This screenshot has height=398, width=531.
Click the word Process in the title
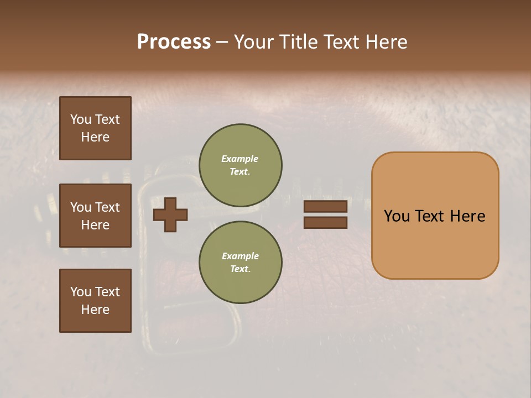174,42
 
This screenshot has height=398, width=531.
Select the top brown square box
95,128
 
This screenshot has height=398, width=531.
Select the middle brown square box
95,216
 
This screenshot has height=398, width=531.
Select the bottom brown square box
95,301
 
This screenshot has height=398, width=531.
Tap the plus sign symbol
170,214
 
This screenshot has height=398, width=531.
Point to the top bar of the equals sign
325,206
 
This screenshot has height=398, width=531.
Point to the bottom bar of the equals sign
325,222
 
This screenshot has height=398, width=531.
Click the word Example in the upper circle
240,159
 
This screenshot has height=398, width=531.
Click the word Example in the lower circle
240,256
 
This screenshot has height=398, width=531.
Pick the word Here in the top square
95,137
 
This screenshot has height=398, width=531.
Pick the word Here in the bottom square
95,310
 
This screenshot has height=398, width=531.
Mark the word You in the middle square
80,207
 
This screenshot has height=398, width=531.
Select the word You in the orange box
397,216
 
